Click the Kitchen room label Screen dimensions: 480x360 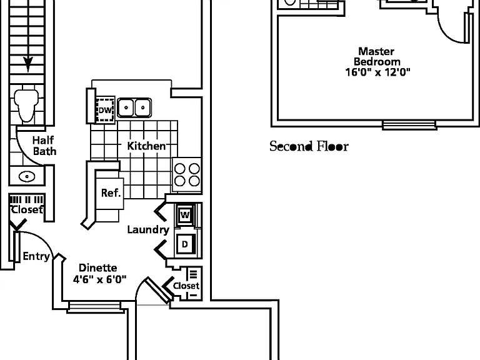point(146,146)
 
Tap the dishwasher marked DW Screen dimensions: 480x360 point(105,110)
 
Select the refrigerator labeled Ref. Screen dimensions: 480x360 point(110,193)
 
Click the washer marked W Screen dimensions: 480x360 point(185,214)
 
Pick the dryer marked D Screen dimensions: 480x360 point(185,244)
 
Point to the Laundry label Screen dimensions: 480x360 point(148,229)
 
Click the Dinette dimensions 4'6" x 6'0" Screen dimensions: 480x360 point(99,279)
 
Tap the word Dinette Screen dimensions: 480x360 point(98,268)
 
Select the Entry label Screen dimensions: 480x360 point(36,256)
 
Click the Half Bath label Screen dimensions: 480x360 point(44,146)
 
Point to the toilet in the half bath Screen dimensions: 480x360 point(26,105)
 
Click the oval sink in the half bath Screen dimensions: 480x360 point(27,176)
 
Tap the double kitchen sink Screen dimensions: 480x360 point(134,107)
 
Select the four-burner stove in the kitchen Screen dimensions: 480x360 point(187,175)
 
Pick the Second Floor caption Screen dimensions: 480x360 point(309,146)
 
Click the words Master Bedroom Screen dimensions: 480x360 point(377,56)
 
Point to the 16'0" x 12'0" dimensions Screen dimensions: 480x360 point(377,72)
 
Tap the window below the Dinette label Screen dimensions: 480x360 point(95,307)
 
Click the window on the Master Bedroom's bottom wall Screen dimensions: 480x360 point(409,125)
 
